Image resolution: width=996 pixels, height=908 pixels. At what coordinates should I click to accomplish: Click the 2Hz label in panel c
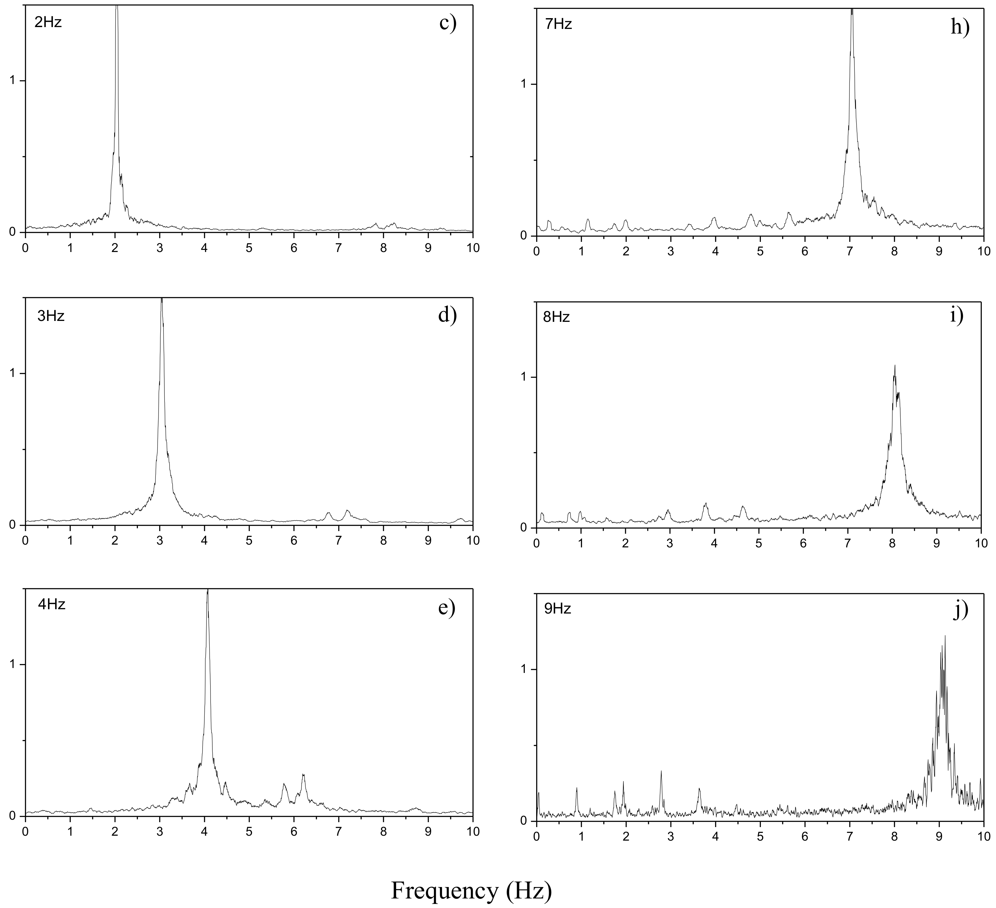[48, 22]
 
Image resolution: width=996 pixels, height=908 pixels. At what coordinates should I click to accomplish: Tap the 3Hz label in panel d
[51, 316]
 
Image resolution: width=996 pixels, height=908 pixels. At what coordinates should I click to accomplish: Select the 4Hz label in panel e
[52, 604]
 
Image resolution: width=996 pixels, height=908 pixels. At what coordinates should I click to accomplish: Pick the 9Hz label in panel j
[557, 609]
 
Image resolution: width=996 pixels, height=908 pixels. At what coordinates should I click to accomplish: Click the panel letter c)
[448, 24]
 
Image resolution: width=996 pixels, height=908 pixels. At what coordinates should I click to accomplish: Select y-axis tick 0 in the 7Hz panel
[525, 236]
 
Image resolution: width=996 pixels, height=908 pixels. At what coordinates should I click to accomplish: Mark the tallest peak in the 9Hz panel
[945, 636]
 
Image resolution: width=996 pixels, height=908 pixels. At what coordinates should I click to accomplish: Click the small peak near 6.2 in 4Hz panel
[303, 775]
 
